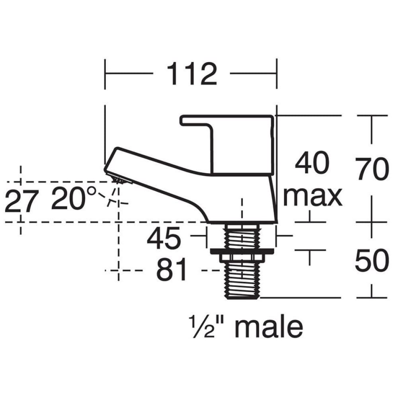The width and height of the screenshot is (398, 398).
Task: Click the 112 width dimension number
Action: point(192,74)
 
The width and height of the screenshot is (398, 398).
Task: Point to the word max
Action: point(312,196)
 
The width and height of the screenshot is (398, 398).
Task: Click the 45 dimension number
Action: point(164,239)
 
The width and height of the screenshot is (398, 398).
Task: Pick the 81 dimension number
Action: point(172,271)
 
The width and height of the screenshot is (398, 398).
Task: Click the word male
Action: point(269,328)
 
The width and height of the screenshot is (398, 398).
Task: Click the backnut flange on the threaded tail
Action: point(242,252)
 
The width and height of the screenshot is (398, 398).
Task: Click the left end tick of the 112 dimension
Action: point(105,74)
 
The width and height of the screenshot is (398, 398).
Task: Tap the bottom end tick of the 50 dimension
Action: point(372,297)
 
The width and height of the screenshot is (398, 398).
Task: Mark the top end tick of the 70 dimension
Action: point(372,116)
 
